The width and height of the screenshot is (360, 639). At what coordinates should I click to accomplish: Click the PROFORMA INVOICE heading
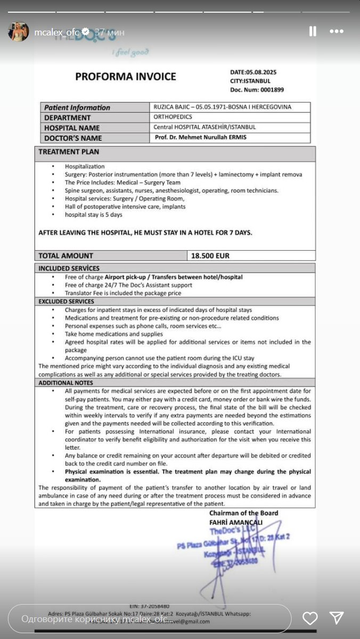(x=125, y=77)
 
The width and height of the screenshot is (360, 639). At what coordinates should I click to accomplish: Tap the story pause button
(x=313, y=32)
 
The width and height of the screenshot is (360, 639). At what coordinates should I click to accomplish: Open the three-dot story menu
(x=337, y=32)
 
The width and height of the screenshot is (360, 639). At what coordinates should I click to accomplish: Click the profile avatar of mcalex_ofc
(x=19, y=32)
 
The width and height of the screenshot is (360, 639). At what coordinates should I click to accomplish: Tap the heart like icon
(x=310, y=618)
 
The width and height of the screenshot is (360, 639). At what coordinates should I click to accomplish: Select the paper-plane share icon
(x=336, y=618)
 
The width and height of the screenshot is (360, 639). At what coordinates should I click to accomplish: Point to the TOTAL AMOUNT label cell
(x=66, y=256)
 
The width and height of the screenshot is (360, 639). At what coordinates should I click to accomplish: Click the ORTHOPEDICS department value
(x=173, y=117)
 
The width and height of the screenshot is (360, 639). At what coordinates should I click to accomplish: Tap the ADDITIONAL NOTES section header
(x=66, y=383)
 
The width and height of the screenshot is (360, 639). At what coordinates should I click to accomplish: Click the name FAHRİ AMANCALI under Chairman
(x=236, y=522)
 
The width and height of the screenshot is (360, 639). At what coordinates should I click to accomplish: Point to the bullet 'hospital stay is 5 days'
(x=93, y=215)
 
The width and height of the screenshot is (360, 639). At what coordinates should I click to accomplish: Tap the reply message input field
(x=149, y=619)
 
